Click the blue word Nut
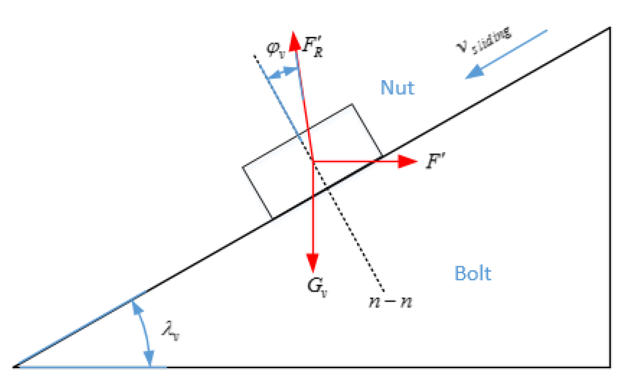[397, 88]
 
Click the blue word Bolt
[473, 274]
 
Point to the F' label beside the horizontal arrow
[435, 161]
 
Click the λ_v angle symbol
[171, 331]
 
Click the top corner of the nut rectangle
[352, 104]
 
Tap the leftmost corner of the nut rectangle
[243, 167]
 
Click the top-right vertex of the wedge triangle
[610, 28]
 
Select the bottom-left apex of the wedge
[14, 367]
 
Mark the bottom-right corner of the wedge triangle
[610, 367]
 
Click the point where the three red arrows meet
[313, 161]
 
